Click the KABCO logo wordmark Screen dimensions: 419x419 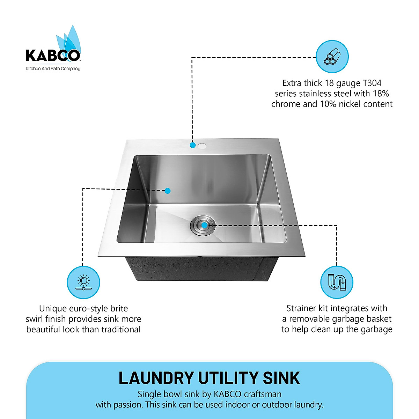53,56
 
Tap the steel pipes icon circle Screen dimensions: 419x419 332,57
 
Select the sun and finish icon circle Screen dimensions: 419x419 83,282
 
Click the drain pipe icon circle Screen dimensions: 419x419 337,282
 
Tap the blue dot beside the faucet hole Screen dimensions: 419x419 192,145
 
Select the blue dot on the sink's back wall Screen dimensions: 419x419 168,191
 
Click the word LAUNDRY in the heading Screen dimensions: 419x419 156,378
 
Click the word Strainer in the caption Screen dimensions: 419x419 301,308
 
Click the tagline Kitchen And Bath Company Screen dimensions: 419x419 53,69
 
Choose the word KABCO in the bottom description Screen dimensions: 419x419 227,394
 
